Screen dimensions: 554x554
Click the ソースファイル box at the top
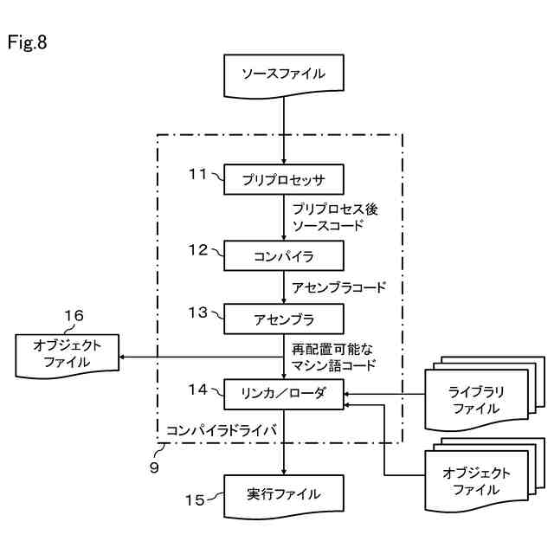point(284,75)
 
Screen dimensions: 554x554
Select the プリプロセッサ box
point(284,179)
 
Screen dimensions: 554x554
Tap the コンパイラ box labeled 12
point(284,256)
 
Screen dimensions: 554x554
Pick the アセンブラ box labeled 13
point(284,319)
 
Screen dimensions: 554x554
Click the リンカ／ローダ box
point(284,395)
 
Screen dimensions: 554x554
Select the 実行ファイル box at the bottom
point(284,496)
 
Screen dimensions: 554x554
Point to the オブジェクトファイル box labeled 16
point(68,356)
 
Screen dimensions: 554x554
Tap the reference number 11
point(197,174)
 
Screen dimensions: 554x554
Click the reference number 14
point(197,390)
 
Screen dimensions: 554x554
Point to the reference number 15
point(195,500)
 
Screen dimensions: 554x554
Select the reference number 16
point(74,315)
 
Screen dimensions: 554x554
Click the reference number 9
point(154,467)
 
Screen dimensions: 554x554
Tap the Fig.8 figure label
point(27,42)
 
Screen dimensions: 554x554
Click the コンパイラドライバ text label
point(222,430)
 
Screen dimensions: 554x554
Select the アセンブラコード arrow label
point(338,287)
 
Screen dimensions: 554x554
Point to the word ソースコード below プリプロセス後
point(328,225)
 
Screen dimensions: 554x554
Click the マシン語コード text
point(333,365)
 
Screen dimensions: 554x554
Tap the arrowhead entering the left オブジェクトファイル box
point(121,357)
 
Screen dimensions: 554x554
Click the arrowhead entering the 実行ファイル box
point(284,472)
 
